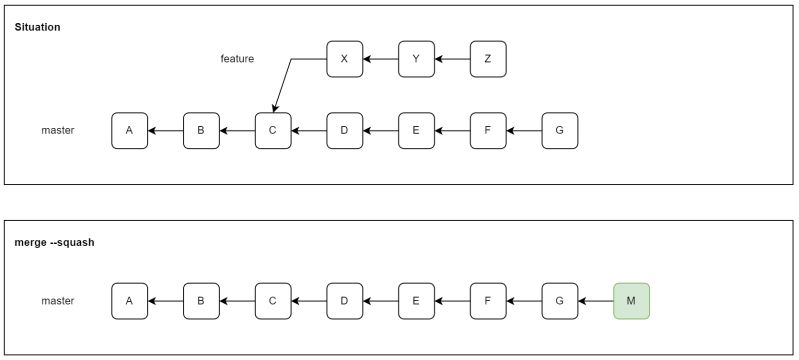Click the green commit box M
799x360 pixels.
[631, 300]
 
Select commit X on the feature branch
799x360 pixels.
[344, 59]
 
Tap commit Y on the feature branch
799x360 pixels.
[416, 59]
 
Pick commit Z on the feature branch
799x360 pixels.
[488, 59]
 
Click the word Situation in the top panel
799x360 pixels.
[37, 26]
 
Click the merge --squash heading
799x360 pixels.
[54, 243]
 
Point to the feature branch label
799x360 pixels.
[237, 59]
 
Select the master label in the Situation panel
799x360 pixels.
[58, 131]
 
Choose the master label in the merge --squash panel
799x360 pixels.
[58, 300]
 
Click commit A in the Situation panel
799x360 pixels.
[129, 131]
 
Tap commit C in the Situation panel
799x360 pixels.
[273, 131]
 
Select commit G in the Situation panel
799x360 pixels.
[559, 131]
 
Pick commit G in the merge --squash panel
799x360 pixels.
[559, 300]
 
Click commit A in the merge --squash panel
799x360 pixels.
[129, 300]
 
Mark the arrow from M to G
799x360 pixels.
[596, 300]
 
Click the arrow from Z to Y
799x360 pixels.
[452, 59]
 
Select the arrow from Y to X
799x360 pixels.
[380, 59]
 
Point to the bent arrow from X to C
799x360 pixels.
[290, 75]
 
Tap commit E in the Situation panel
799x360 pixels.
[416, 131]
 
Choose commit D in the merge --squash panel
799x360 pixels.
[344, 300]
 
